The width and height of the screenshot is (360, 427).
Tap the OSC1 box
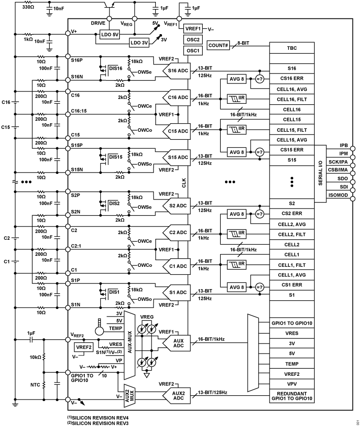point(192,50)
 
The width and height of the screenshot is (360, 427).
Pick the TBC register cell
point(292,48)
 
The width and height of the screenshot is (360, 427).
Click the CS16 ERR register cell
point(292,79)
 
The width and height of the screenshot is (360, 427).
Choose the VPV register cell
point(292,383)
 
